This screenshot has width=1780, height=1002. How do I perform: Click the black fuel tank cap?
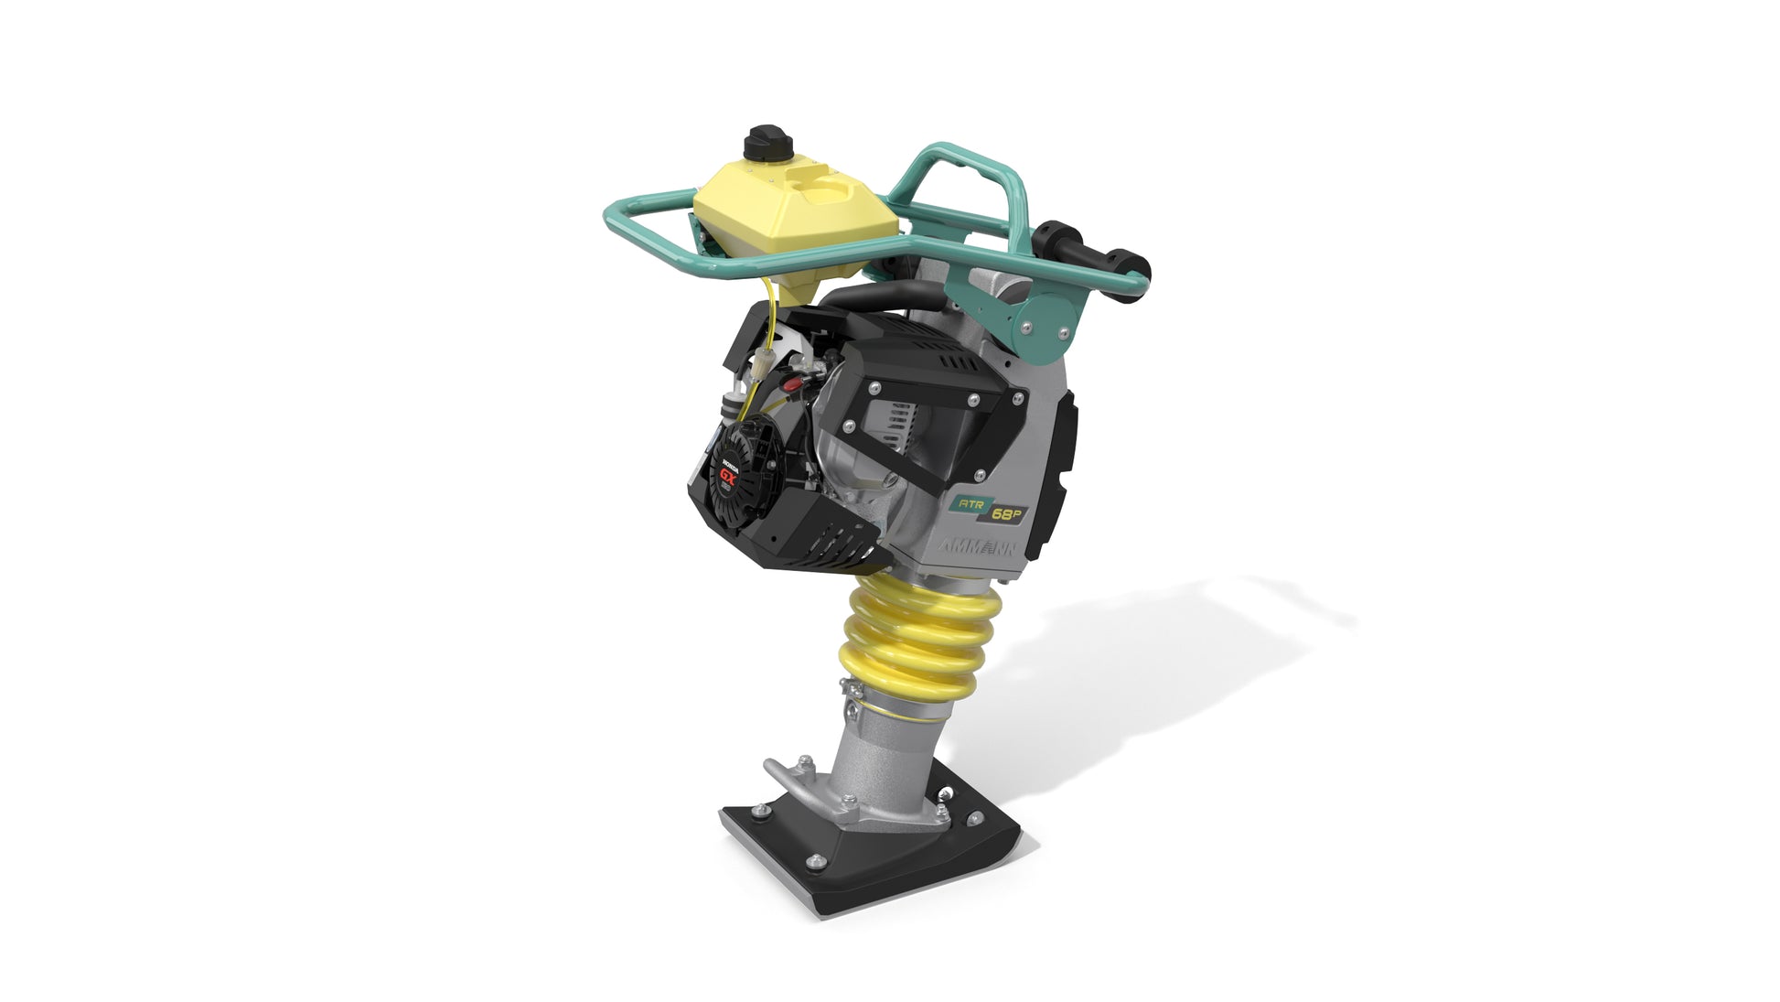(760, 142)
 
